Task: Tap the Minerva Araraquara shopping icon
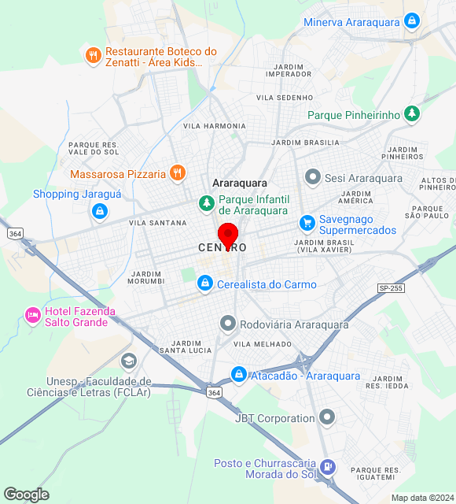click(x=411, y=21)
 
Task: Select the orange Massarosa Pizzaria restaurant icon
click(x=178, y=173)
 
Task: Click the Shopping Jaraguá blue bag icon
click(x=99, y=210)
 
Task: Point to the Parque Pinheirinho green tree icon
click(x=411, y=115)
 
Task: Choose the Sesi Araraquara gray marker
click(x=313, y=178)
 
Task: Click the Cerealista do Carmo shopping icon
click(x=204, y=283)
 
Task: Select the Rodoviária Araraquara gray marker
click(x=228, y=324)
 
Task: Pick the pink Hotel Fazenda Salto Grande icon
click(x=32, y=316)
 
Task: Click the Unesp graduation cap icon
click(x=128, y=361)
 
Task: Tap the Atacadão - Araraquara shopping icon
click(x=238, y=376)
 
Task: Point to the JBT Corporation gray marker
click(x=327, y=418)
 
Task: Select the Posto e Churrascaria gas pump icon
click(x=329, y=468)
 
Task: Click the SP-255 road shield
click(x=391, y=288)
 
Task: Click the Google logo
click(x=26, y=495)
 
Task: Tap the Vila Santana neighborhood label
click(x=158, y=223)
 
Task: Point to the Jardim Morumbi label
click(x=145, y=277)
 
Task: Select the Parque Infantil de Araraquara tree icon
click(x=207, y=204)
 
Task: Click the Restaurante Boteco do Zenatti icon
click(x=93, y=55)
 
